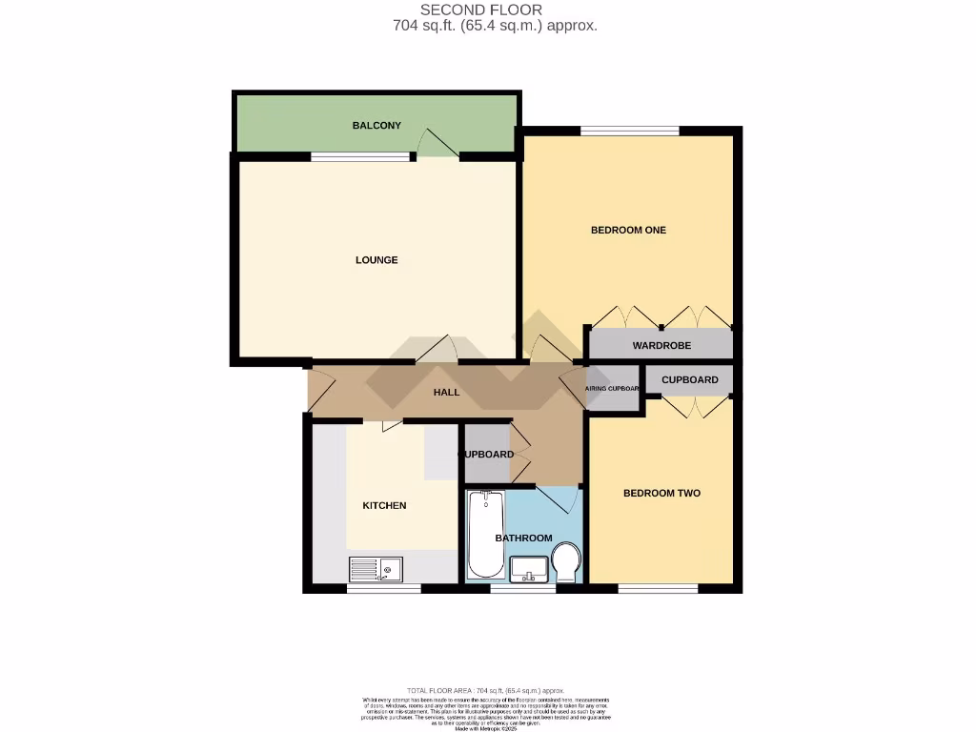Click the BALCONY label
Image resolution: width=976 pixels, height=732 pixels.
[x=376, y=126]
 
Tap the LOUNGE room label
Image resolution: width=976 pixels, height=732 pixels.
[x=376, y=260]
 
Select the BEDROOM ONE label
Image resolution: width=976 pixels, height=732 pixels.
[x=628, y=230]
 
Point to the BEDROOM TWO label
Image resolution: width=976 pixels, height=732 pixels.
[x=661, y=493]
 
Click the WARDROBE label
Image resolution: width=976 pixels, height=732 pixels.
[x=661, y=345]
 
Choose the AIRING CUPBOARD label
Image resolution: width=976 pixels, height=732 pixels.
[x=611, y=389]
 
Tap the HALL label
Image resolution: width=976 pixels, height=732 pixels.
[x=446, y=392]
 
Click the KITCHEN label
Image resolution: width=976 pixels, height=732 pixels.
[x=384, y=505]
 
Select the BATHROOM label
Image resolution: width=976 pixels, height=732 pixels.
[x=523, y=538]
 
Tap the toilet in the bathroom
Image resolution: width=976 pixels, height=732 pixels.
[x=566, y=563]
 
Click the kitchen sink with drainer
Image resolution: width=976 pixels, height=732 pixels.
[x=376, y=569]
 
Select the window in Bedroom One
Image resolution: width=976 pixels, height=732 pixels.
[x=629, y=131]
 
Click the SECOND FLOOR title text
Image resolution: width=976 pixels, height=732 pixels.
[x=495, y=10]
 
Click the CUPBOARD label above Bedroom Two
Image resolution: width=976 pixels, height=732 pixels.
[x=689, y=379]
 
